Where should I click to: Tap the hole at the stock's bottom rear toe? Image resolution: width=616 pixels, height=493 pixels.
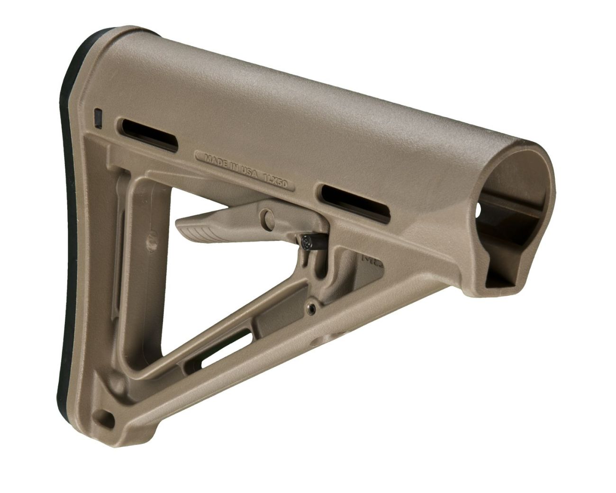coord(105,419)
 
